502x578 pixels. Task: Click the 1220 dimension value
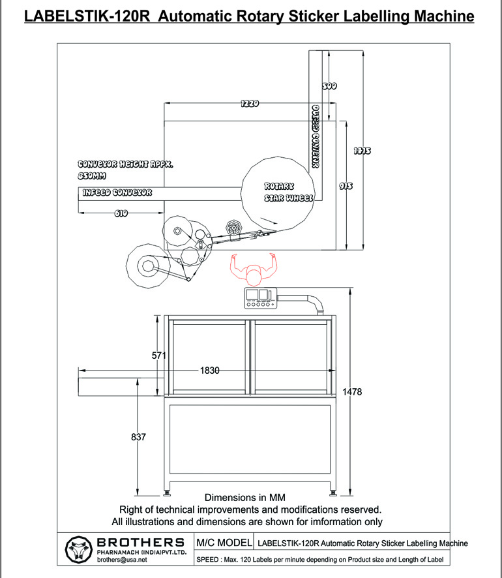(x=250, y=103)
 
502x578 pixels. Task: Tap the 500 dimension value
(x=330, y=85)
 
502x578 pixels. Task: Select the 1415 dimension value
(x=362, y=151)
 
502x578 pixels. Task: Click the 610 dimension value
(x=121, y=213)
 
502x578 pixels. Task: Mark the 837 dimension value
(x=138, y=436)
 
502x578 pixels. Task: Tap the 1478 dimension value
(x=352, y=391)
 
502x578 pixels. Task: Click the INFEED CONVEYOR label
(x=117, y=193)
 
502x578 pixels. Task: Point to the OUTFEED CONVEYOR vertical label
(x=315, y=137)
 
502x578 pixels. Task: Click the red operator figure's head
(x=253, y=276)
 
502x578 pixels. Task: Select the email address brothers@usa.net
(x=122, y=560)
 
